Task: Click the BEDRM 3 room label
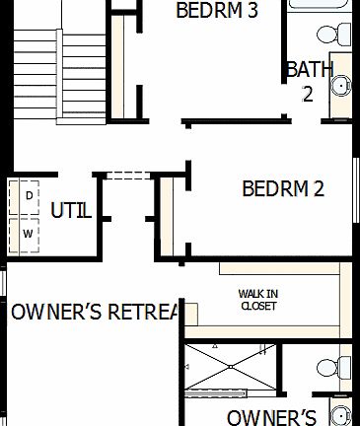(216, 11)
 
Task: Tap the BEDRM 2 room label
(283, 188)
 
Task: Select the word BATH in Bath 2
(309, 70)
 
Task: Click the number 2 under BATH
(307, 94)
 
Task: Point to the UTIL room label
(71, 209)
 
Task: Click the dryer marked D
(28, 195)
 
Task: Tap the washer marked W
(28, 233)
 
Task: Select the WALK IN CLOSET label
(258, 300)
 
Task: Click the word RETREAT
(143, 313)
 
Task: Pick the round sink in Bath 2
(340, 87)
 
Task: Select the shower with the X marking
(228, 368)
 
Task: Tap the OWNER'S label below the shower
(271, 416)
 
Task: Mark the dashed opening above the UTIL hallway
(125, 176)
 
